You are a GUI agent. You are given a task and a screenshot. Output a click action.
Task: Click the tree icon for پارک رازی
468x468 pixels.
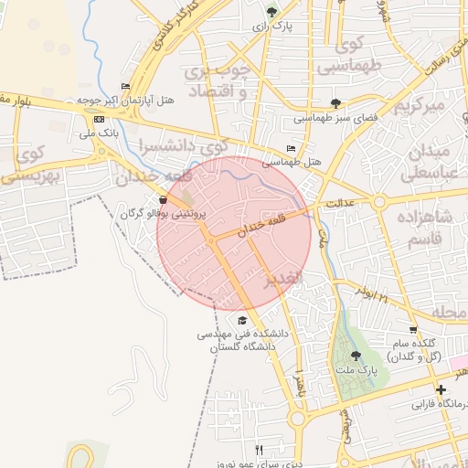coord(271,12)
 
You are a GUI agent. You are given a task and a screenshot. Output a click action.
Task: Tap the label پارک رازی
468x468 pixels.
coord(273,27)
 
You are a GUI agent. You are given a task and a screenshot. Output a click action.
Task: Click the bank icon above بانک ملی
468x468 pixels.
coord(99,119)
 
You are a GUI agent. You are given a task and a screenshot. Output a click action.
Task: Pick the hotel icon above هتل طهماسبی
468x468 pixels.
coord(292,148)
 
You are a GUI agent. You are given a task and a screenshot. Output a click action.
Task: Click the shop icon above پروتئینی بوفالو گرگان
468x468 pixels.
coord(163,199)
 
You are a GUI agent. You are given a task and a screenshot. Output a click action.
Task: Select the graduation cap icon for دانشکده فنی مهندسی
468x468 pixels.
coord(242,320)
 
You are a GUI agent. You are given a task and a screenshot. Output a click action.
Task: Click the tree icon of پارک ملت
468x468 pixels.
coord(356,356)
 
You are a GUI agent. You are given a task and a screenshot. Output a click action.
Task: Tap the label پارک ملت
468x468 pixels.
coord(360,370)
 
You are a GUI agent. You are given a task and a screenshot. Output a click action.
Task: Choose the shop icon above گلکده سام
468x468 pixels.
coord(414,330)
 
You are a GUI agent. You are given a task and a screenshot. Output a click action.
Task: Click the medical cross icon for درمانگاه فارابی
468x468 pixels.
coord(441,389)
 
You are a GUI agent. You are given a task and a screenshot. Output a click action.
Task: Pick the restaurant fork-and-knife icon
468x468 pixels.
coord(260,450)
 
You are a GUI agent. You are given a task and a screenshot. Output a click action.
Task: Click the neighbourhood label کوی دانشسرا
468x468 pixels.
coord(183,146)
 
